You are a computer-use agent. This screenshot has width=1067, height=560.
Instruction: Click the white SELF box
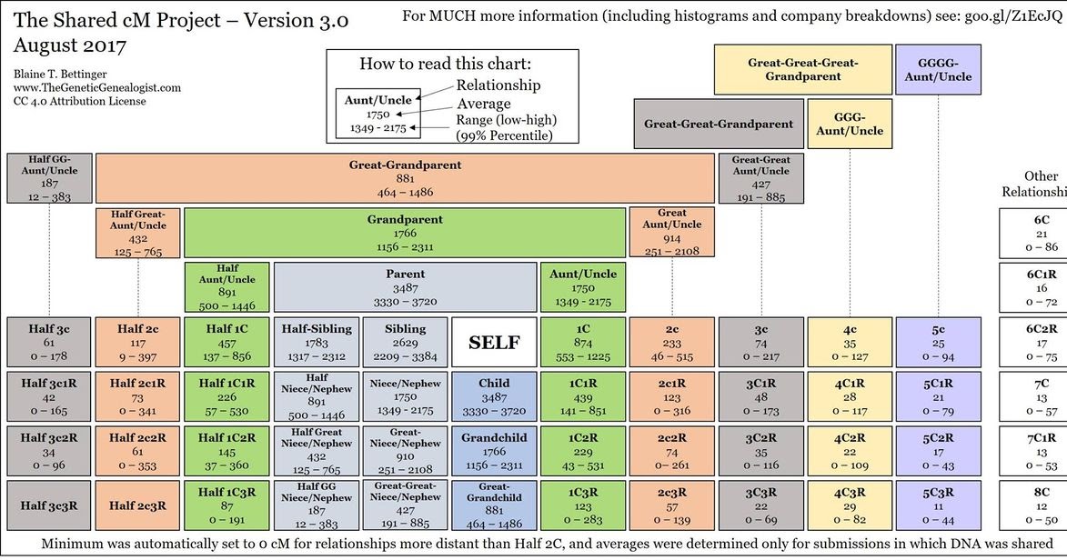point(494,342)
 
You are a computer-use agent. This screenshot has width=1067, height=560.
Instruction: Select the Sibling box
point(406,342)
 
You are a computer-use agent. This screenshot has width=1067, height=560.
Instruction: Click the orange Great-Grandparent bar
point(405,177)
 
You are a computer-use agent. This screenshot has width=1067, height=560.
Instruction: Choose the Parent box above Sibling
point(405,286)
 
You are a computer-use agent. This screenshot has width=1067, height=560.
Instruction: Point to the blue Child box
point(494,396)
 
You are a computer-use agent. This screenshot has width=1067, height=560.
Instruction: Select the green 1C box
point(583,342)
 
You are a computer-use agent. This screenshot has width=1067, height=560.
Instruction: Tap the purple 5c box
point(938,342)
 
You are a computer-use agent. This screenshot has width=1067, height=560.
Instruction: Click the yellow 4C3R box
point(850,505)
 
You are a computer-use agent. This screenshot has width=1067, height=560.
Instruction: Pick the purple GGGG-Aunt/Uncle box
point(938,70)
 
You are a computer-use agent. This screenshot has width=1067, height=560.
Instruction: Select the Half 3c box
point(49,342)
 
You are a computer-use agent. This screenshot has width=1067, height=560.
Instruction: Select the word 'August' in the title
point(42,45)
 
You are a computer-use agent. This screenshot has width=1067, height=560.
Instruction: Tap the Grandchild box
point(494,450)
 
